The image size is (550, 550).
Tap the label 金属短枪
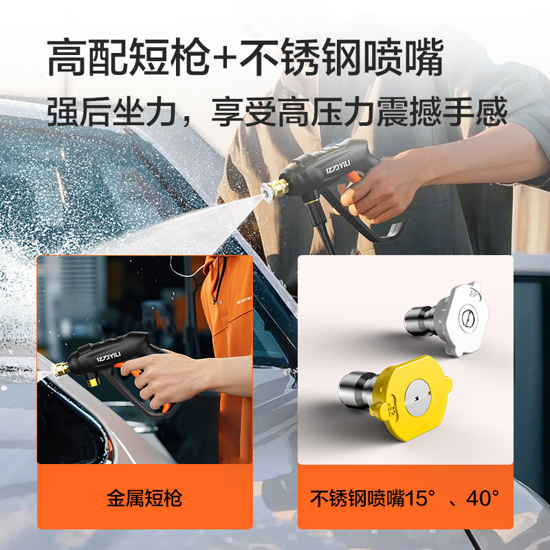pyautogui.click(x=144, y=498)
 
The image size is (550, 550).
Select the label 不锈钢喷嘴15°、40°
pyautogui.click(x=405, y=498)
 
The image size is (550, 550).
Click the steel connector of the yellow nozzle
pyautogui.click(x=357, y=391)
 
